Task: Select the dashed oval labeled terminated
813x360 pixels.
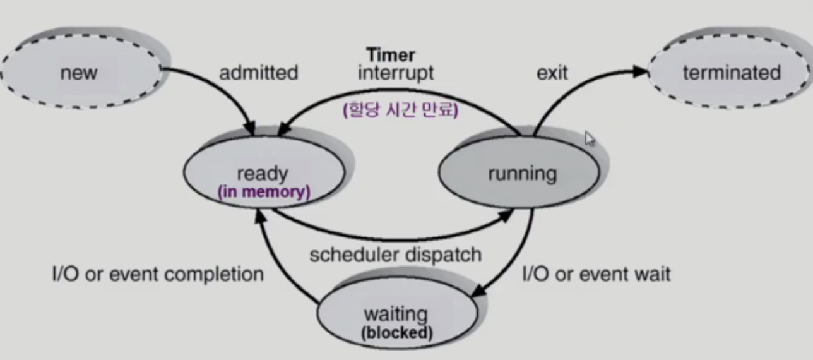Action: (x=732, y=73)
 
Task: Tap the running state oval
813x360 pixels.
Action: (x=522, y=173)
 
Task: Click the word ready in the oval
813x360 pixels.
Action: (x=262, y=173)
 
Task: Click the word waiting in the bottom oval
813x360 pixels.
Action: (x=396, y=314)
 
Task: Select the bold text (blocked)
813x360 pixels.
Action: (x=397, y=332)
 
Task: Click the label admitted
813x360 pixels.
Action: (x=258, y=73)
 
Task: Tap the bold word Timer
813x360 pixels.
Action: (x=391, y=54)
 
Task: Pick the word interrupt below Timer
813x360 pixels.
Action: (x=396, y=73)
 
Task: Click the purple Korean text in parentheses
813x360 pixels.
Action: (x=400, y=111)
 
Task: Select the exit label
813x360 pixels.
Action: (x=552, y=73)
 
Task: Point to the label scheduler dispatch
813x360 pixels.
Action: (x=396, y=255)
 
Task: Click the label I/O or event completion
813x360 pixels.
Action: (x=157, y=274)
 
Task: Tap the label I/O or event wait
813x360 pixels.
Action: (x=596, y=274)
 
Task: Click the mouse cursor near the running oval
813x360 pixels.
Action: (x=590, y=138)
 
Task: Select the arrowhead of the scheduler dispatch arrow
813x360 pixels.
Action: (x=509, y=215)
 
